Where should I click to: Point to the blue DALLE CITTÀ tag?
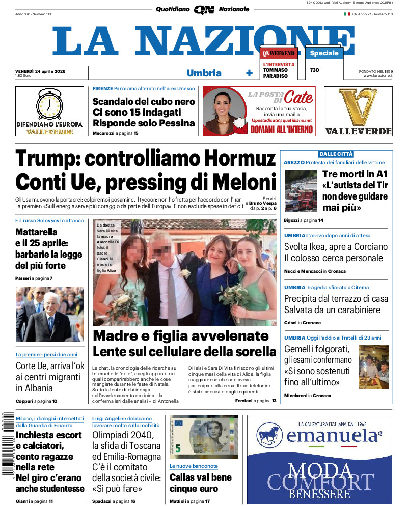[x=336, y=154]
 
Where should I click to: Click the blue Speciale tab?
[x=324, y=53]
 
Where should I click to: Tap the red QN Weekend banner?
[x=279, y=53]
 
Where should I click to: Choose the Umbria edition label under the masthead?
[x=204, y=73]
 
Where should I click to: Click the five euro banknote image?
[x=204, y=437]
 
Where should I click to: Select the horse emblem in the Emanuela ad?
[x=269, y=436]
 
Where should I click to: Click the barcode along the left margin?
[x=7, y=443]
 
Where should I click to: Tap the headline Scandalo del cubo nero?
[x=144, y=101]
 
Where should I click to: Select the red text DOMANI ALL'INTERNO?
[x=281, y=129]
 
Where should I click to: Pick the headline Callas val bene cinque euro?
[x=200, y=483]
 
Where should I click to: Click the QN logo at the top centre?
[x=204, y=9]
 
